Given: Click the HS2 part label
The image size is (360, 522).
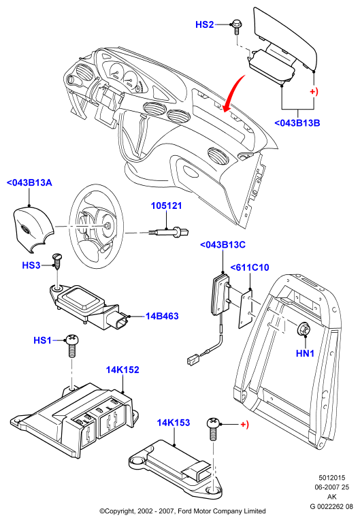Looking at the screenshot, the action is [204, 25].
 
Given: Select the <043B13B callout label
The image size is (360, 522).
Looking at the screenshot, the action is [297, 123].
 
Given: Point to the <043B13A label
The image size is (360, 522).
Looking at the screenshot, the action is [29, 183].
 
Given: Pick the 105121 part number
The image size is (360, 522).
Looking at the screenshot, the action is [167, 206].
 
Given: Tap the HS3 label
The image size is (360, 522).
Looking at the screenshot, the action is [31, 265].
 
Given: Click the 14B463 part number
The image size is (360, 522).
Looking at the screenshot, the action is [162, 316].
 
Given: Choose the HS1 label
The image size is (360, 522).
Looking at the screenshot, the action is [42, 340].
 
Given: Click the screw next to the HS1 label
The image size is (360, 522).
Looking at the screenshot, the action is [72, 346].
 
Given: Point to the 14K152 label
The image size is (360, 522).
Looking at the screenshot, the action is [122, 370].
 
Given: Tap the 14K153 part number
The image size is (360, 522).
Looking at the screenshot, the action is [174, 423].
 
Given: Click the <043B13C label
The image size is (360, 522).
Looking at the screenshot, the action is [223, 245].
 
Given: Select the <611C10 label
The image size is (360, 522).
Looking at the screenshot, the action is [250, 267].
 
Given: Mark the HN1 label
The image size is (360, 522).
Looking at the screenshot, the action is [305, 353].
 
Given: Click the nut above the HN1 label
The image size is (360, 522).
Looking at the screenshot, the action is [304, 329].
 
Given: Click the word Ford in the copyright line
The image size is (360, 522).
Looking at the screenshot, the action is [185, 511].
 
